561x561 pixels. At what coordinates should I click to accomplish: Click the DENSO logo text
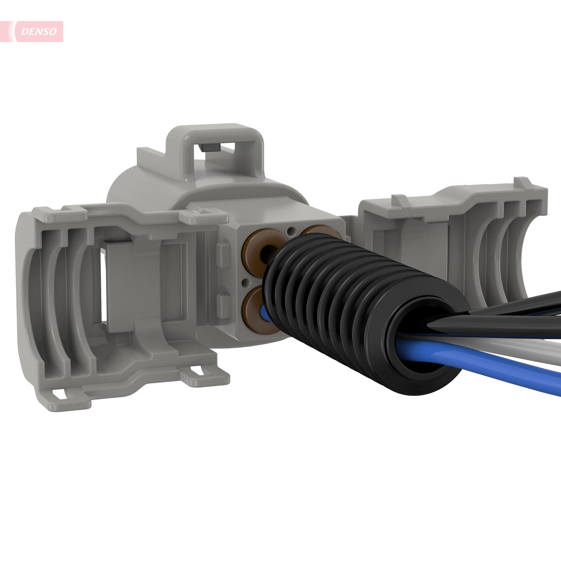(39, 31)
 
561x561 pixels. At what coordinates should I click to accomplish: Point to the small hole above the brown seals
(291, 231)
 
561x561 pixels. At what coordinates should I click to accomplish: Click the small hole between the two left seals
(246, 281)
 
